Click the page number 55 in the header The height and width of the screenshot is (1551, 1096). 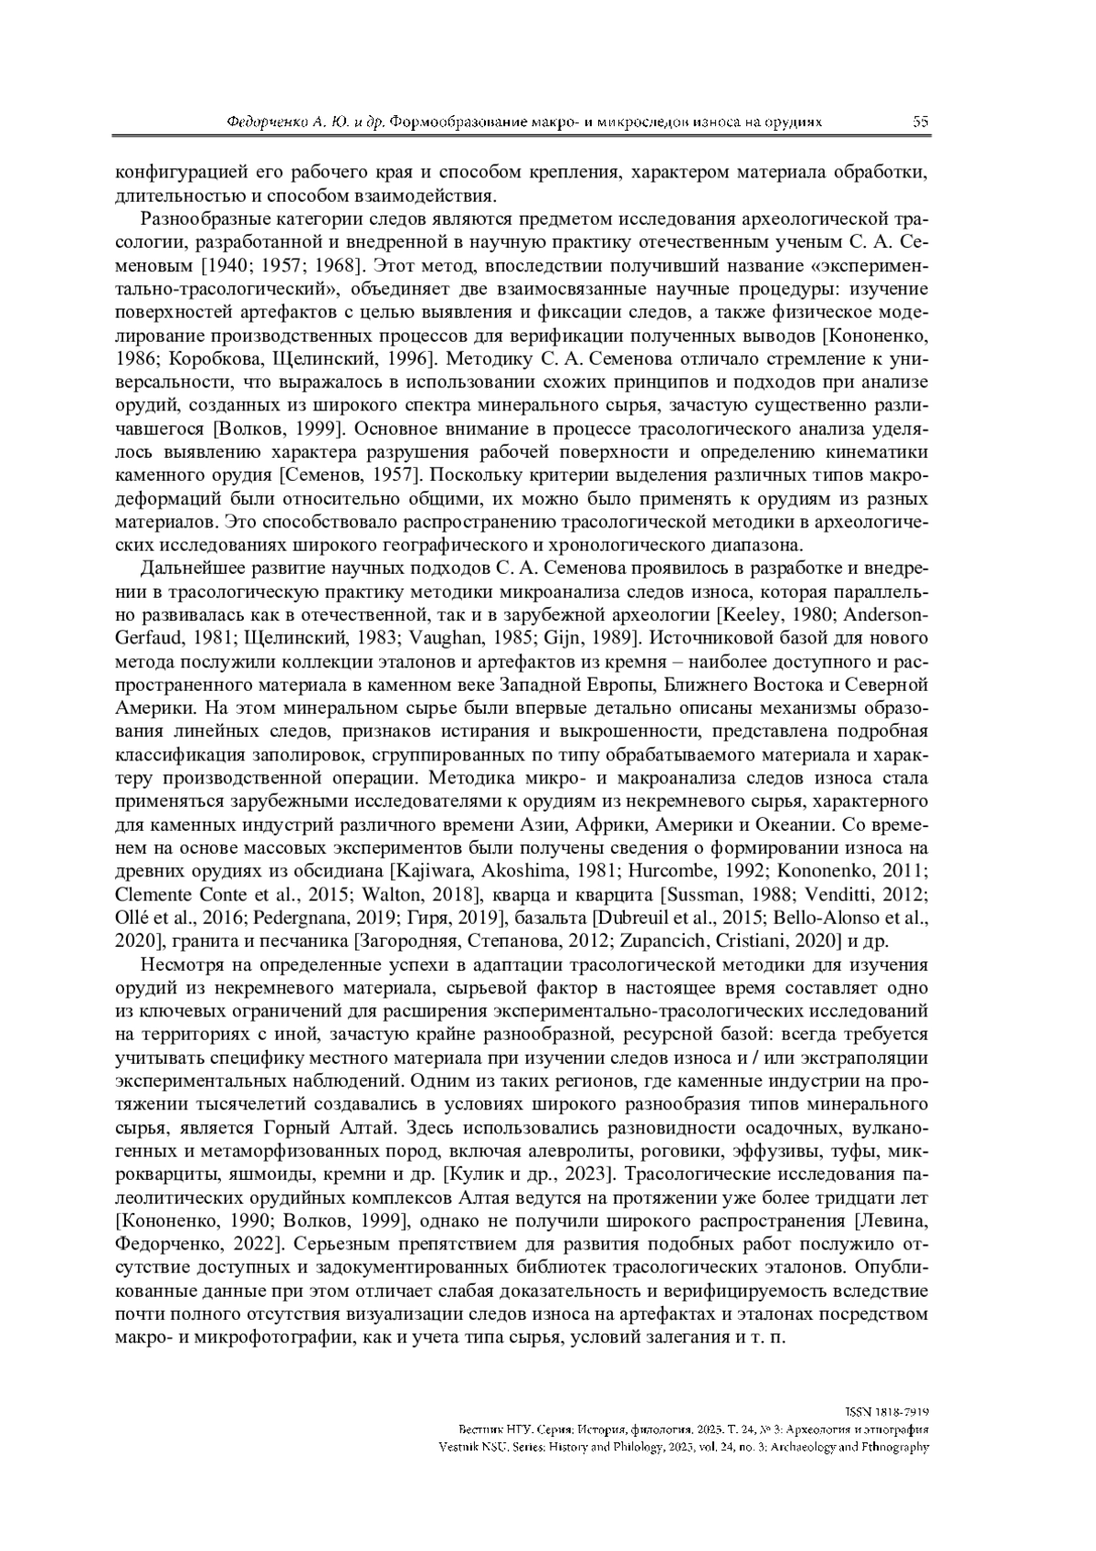[x=920, y=122]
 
